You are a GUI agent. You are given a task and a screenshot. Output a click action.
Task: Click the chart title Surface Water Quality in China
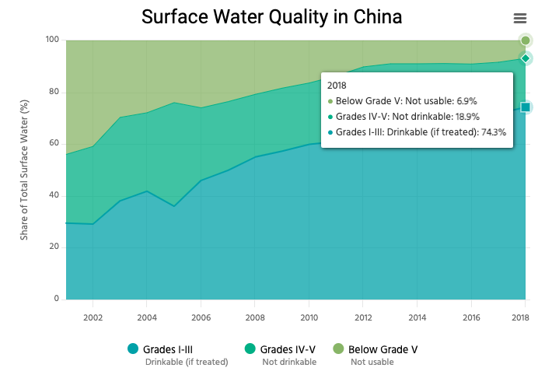coord(271,16)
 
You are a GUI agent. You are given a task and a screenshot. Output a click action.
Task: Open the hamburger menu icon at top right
coord(520,19)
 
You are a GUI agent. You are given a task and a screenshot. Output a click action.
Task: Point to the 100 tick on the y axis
coord(52,40)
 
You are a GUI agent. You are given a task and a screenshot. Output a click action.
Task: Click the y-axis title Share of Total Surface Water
coord(24,170)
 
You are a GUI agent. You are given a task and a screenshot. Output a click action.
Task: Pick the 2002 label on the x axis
coord(93,317)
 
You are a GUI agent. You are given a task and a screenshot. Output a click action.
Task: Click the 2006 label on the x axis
coord(201,317)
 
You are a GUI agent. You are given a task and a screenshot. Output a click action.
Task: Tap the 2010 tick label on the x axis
coord(309,317)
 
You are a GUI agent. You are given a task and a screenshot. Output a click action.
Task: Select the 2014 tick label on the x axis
coord(418,317)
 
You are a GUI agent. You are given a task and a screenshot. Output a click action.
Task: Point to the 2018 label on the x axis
coord(520,317)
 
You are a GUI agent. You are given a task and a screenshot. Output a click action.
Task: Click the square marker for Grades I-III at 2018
coord(526,107)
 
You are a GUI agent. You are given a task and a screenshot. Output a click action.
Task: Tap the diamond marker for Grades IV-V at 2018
coord(526,58)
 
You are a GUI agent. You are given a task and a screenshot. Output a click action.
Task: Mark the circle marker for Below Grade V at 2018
coord(526,40)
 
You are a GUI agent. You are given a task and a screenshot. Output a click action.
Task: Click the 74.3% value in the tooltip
coord(494,132)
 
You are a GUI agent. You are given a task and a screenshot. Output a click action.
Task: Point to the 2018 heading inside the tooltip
coord(337,85)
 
